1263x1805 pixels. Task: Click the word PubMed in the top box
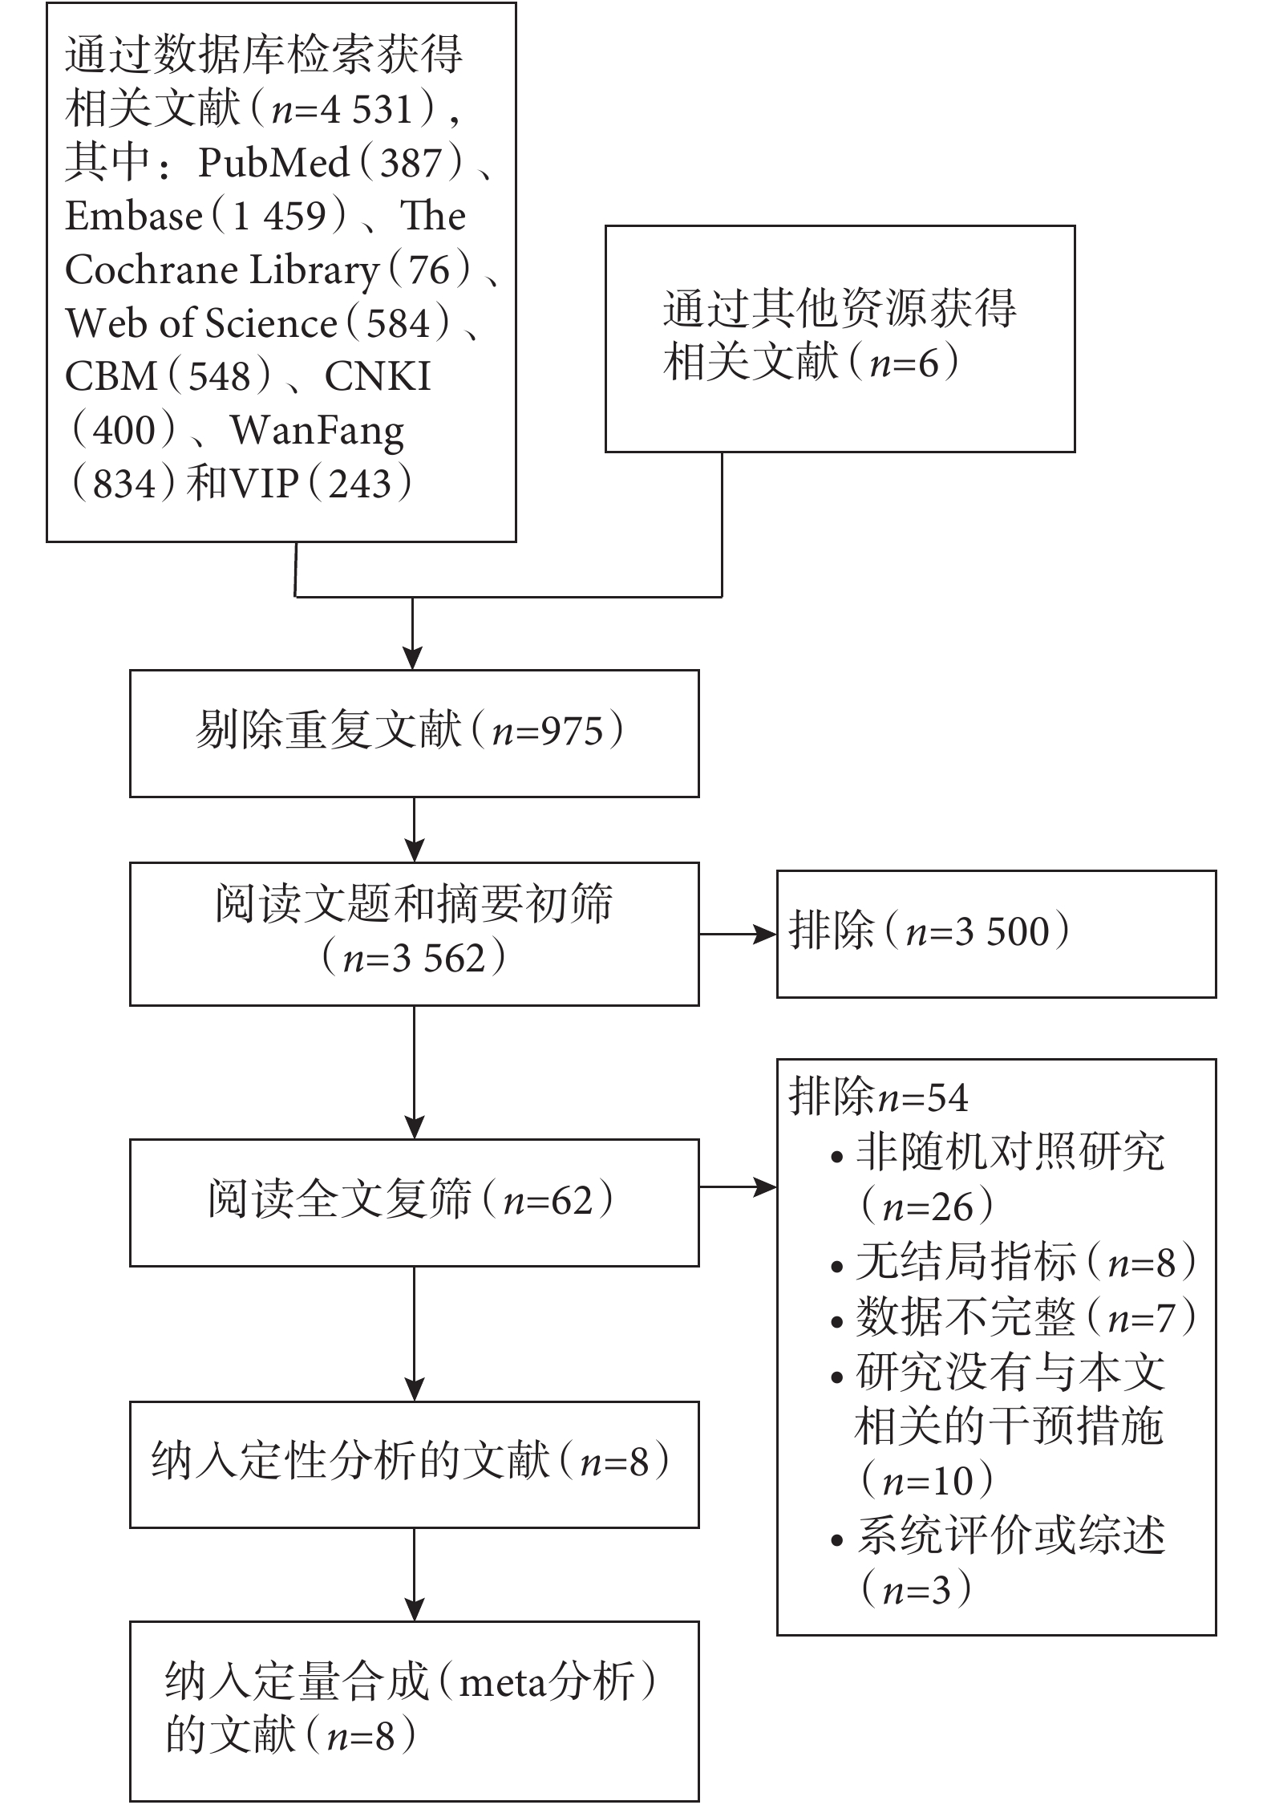coord(273,163)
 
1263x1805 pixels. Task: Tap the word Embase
coord(134,216)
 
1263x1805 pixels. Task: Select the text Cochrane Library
coord(222,270)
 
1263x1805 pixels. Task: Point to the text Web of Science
coord(200,323)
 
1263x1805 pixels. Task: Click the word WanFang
coord(318,432)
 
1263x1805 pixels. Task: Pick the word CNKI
coord(378,377)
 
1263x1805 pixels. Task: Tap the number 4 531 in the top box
coord(366,110)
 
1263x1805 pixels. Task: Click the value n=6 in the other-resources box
coord(904,363)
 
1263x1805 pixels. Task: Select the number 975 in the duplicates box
coord(572,732)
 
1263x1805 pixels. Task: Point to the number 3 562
coord(438,959)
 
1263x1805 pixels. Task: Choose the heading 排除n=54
coord(879,1097)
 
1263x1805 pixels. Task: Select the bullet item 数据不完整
coord(965,1318)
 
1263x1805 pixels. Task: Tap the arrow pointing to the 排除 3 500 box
coord(738,934)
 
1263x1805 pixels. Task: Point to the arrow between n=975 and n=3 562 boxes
coord(414,829)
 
